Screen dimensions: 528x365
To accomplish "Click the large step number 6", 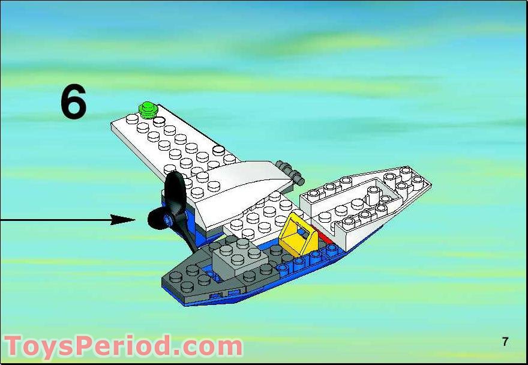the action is point(73,101).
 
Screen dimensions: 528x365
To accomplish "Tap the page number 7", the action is point(505,342).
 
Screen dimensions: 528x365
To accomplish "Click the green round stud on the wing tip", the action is point(148,110).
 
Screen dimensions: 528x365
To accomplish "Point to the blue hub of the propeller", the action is point(167,220).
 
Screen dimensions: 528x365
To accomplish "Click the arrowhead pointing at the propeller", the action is point(123,220).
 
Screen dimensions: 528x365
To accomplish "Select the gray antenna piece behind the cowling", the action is point(290,172).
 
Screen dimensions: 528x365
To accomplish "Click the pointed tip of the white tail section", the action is point(431,184).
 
